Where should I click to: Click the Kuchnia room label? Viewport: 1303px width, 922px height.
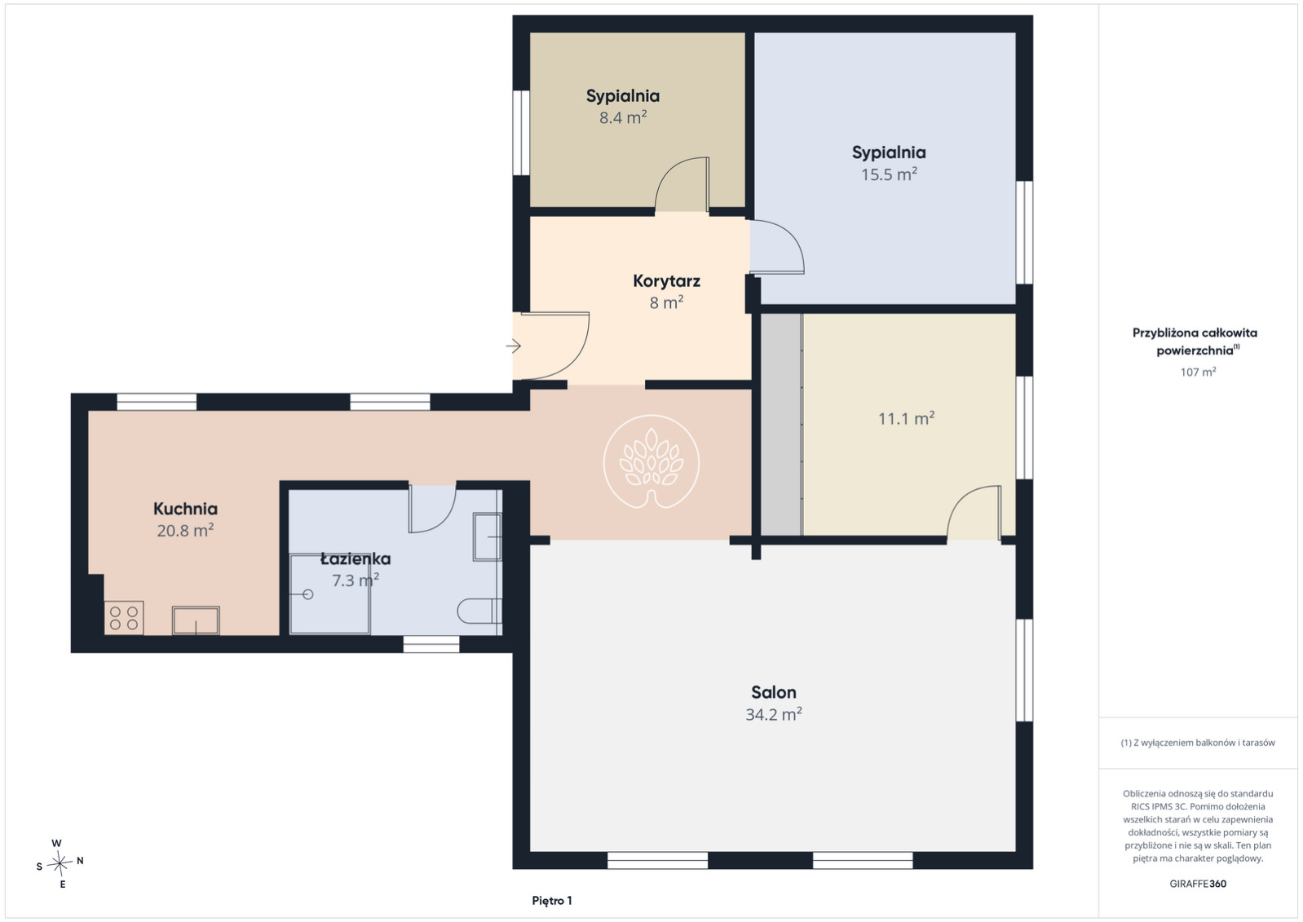pos(186,509)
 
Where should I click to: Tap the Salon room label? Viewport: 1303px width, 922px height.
pos(774,692)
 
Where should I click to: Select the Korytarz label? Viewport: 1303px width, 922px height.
pos(667,281)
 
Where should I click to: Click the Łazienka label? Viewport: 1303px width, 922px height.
pos(356,558)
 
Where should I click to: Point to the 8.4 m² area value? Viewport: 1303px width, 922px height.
pos(623,117)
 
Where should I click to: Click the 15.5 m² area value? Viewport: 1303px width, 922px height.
pos(889,174)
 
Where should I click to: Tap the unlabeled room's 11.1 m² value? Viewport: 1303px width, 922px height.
pos(906,418)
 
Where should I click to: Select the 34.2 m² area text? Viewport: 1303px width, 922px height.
pos(774,714)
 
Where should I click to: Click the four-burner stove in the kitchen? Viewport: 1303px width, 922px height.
pos(124,618)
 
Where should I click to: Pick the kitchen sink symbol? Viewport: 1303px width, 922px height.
pos(196,620)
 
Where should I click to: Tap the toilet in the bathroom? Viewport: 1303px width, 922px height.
pos(479,611)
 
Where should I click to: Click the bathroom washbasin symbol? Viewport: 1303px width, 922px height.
pos(487,537)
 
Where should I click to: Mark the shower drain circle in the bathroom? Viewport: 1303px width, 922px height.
pos(308,594)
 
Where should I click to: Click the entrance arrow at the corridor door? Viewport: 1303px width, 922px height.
pos(513,346)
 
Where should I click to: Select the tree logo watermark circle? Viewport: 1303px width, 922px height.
pos(651,462)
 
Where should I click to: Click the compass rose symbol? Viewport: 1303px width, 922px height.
pos(60,863)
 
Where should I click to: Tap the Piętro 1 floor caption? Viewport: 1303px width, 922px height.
pos(552,901)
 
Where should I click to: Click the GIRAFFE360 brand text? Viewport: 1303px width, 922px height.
pos(1198,884)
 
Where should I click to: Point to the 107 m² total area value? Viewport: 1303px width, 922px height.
pos(1198,372)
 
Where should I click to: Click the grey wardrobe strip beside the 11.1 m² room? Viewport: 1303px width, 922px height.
pos(781,424)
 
